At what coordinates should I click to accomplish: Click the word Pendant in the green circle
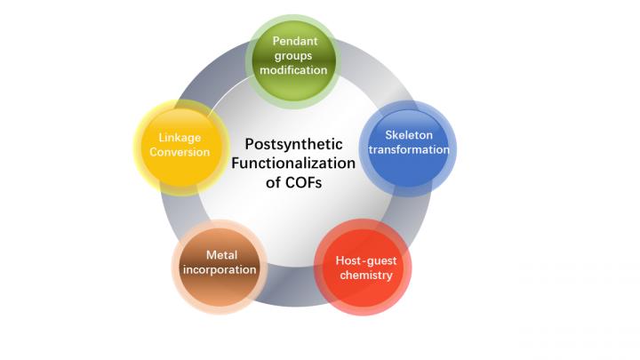pyautogui.click(x=294, y=41)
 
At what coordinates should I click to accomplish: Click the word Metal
pyautogui.click(x=220, y=255)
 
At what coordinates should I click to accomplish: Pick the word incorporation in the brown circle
pyautogui.click(x=220, y=269)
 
